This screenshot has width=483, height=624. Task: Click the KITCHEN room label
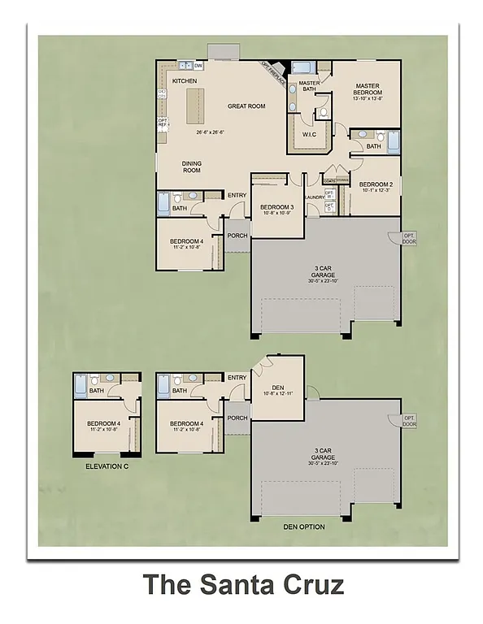click(185, 81)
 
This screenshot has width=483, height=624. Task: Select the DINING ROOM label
click(191, 167)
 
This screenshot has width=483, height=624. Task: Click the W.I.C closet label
click(308, 134)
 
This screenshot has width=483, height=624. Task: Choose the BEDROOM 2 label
click(376, 184)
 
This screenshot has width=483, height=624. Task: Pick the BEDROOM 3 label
click(276, 207)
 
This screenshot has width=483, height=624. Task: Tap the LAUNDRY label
click(315, 197)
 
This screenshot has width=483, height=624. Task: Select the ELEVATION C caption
click(107, 467)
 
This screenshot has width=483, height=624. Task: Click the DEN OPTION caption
click(304, 527)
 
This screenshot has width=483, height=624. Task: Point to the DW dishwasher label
click(198, 67)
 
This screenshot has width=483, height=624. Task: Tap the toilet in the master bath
click(323, 113)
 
